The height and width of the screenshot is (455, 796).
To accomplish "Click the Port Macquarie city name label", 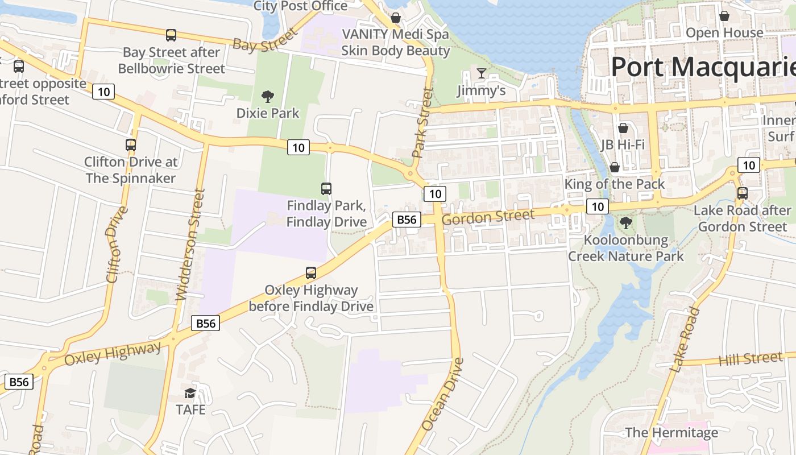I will click(x=703, y=67).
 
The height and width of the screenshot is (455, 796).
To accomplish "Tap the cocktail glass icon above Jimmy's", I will click(x=482, y=73).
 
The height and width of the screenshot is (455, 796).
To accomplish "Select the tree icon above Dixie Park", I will click(x=267, y=96).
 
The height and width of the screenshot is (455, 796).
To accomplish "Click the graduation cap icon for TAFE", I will click(x=190, y=393).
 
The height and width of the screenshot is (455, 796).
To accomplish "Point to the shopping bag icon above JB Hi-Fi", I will click(x=623, y=127).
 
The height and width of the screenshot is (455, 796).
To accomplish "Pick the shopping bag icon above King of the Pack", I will click(x=615, y=167).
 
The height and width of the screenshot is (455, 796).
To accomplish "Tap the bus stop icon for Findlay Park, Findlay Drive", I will click(x=326, y=188).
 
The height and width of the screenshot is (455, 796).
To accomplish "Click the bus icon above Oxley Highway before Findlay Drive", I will click(x=311, y=272).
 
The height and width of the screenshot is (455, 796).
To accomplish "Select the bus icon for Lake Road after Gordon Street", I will click(x=742, y=193).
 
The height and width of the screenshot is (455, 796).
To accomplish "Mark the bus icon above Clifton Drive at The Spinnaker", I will click(x=131, y=144).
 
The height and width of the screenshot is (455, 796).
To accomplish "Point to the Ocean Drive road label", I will click(x=443, y=394).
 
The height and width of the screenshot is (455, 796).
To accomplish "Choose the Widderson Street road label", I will click(x=190, y=245).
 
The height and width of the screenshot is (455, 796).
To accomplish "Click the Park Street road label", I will click(x=422, y=122).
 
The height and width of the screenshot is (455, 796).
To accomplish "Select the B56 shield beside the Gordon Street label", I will click(x=407, y=220).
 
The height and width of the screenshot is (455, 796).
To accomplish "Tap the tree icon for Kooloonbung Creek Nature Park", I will click(x=626, y=222).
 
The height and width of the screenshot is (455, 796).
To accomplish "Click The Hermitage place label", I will click(x=671, y=432).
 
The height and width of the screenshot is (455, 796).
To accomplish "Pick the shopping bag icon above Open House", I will click(x=724, y=16).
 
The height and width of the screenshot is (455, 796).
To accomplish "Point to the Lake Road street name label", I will click(x=685, y=340).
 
